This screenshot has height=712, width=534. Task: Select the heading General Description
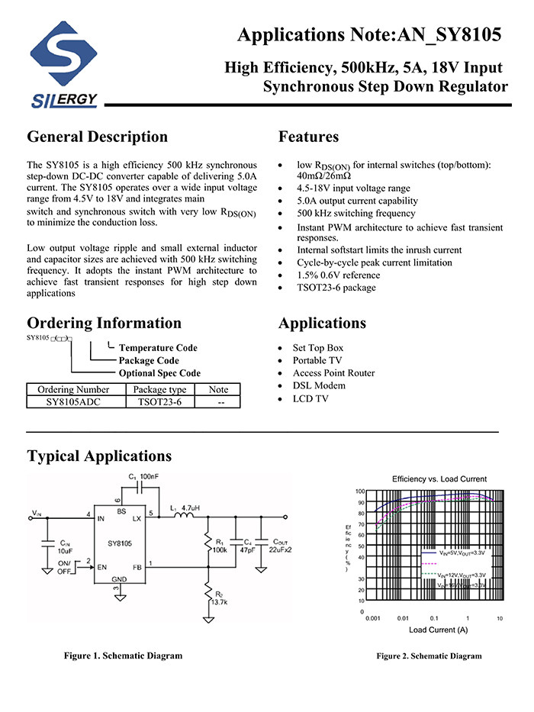click(x=97, y=137)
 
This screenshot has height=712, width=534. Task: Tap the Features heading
click(x=308, y=137)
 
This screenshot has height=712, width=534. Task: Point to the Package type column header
click(x=159, y=389)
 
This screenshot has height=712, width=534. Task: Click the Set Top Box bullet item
click(x=318, y=348)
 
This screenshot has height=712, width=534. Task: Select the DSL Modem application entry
click(x=319, y=385)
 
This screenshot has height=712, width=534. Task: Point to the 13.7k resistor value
click(x=219, y=601)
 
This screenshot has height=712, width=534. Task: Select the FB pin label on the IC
click(x=137, y=567)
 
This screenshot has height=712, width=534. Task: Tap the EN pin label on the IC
click(x=101, y=567)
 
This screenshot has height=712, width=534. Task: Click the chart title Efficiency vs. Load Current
click(x=439, y=478)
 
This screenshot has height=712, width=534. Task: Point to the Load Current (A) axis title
click(x=438, y=630)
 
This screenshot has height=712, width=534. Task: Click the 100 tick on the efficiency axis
click(x=360, y=492)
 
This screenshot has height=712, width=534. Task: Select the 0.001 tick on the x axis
click(x=372, y=618)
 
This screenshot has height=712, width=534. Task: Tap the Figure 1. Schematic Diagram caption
click(x=123, y=656)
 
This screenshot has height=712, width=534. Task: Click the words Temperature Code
click(x=158, y=348)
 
